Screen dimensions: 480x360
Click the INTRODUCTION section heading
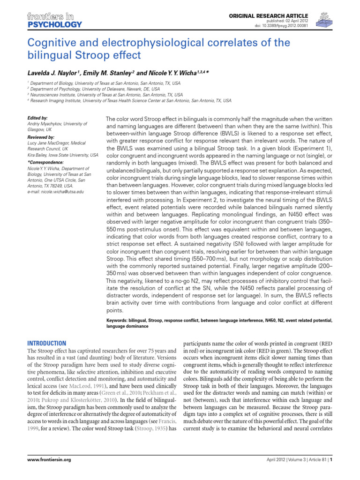pos(47,343)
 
